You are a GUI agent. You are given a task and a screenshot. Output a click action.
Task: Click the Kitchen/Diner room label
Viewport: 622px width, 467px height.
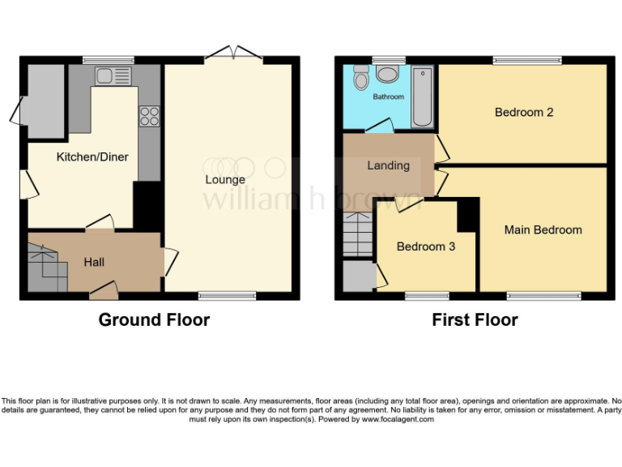92,156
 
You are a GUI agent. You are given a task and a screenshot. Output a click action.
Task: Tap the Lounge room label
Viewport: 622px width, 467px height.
224,179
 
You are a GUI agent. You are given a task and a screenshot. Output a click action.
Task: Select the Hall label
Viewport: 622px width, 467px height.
94,262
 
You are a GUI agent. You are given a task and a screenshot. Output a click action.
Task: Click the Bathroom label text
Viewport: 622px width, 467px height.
388,97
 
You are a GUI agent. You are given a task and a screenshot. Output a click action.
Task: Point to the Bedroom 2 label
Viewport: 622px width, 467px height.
524,112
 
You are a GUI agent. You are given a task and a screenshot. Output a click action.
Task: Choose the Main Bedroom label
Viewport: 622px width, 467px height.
543,229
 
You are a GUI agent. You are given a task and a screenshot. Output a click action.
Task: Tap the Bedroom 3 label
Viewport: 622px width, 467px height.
425,246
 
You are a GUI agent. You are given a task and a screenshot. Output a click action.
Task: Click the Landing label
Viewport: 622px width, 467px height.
388,165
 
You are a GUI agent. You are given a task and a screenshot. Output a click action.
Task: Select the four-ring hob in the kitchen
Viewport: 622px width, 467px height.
149,116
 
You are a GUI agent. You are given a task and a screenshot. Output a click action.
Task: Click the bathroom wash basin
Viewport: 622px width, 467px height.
388,75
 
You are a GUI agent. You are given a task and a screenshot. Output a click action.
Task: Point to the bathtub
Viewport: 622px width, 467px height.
423,97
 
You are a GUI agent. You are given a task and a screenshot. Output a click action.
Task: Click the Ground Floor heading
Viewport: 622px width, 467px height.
154,319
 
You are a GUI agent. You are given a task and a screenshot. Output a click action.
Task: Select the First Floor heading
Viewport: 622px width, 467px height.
475,319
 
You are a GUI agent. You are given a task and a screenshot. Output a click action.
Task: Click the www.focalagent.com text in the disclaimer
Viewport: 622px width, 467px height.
398,419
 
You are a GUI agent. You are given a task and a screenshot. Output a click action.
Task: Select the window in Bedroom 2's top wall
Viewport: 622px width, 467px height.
527,60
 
